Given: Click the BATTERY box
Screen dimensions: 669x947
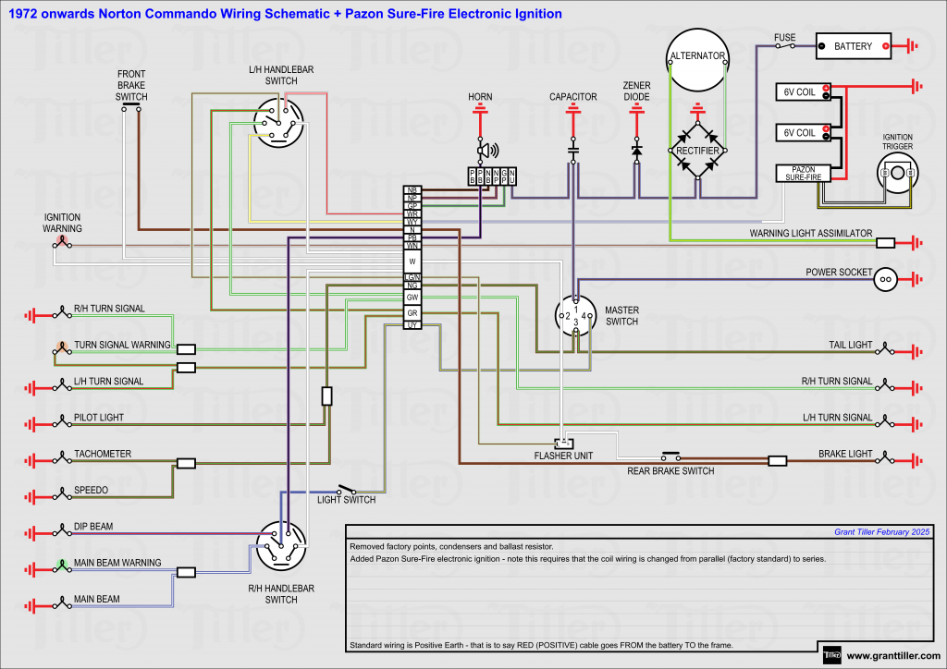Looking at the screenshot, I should point(853,45).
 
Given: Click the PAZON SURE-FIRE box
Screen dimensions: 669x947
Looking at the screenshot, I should point(803,173).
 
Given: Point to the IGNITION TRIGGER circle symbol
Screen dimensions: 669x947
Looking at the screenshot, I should point(897,173).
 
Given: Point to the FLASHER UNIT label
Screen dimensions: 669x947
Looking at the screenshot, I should point(563,456).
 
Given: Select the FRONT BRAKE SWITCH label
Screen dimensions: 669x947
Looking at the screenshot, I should point(131,85).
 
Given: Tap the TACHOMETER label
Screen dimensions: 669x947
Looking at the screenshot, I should point(103,454).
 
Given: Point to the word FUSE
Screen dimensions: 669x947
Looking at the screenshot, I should point(785,38).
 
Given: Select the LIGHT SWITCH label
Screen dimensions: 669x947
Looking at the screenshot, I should point(347,500).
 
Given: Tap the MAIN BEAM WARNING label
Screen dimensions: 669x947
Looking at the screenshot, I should point(117,563).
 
